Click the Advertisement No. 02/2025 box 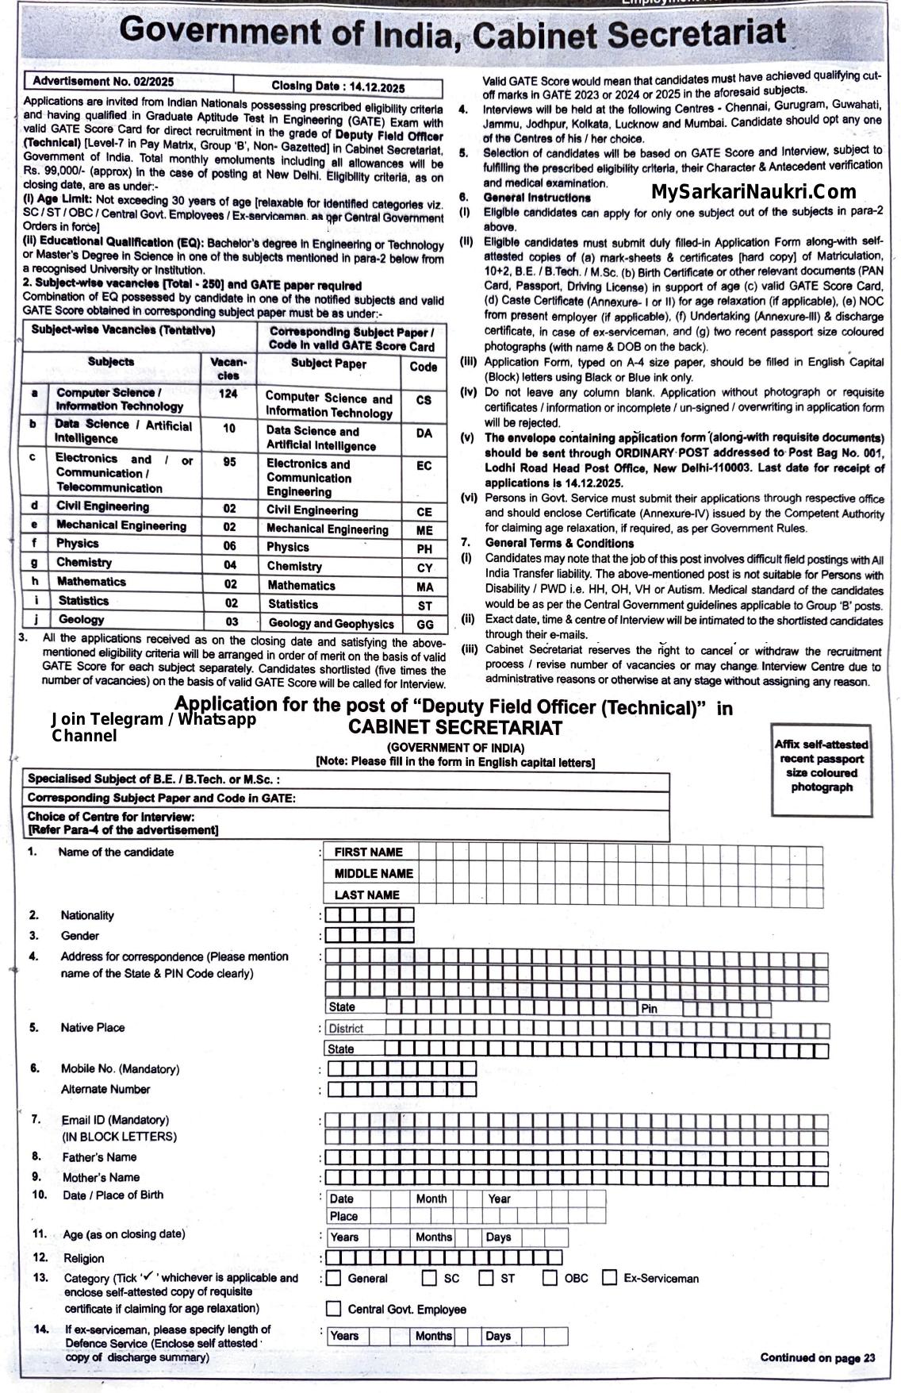click(x=129, y=82)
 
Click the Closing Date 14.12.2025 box click(x=339, y=87)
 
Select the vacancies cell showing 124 click(x=228, y=394)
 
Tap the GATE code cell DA click(x=424, y=433)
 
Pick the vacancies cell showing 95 click(x=229, y=462)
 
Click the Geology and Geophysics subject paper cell click(x=331, y=624)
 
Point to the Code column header click(x=424, y=367)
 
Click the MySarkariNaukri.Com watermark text click(x=753, y=191)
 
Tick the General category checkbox click(x=334, y=1278)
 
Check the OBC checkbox click(x=550, y=1278)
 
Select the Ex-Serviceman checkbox click(x=609, y=1278)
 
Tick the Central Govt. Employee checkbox click(x=334, y=1309)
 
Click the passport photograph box click(x=821, y=769)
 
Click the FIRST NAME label click(x=368, y=852)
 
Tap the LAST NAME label click(x=366, y=895)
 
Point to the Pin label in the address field click(x=650, y=1009)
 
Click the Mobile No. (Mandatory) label click(x=120, y=1069)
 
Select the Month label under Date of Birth click(x=431, y=1199)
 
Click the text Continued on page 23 click(x=817, y=1358)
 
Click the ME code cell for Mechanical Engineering click(x=424, y=530)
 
